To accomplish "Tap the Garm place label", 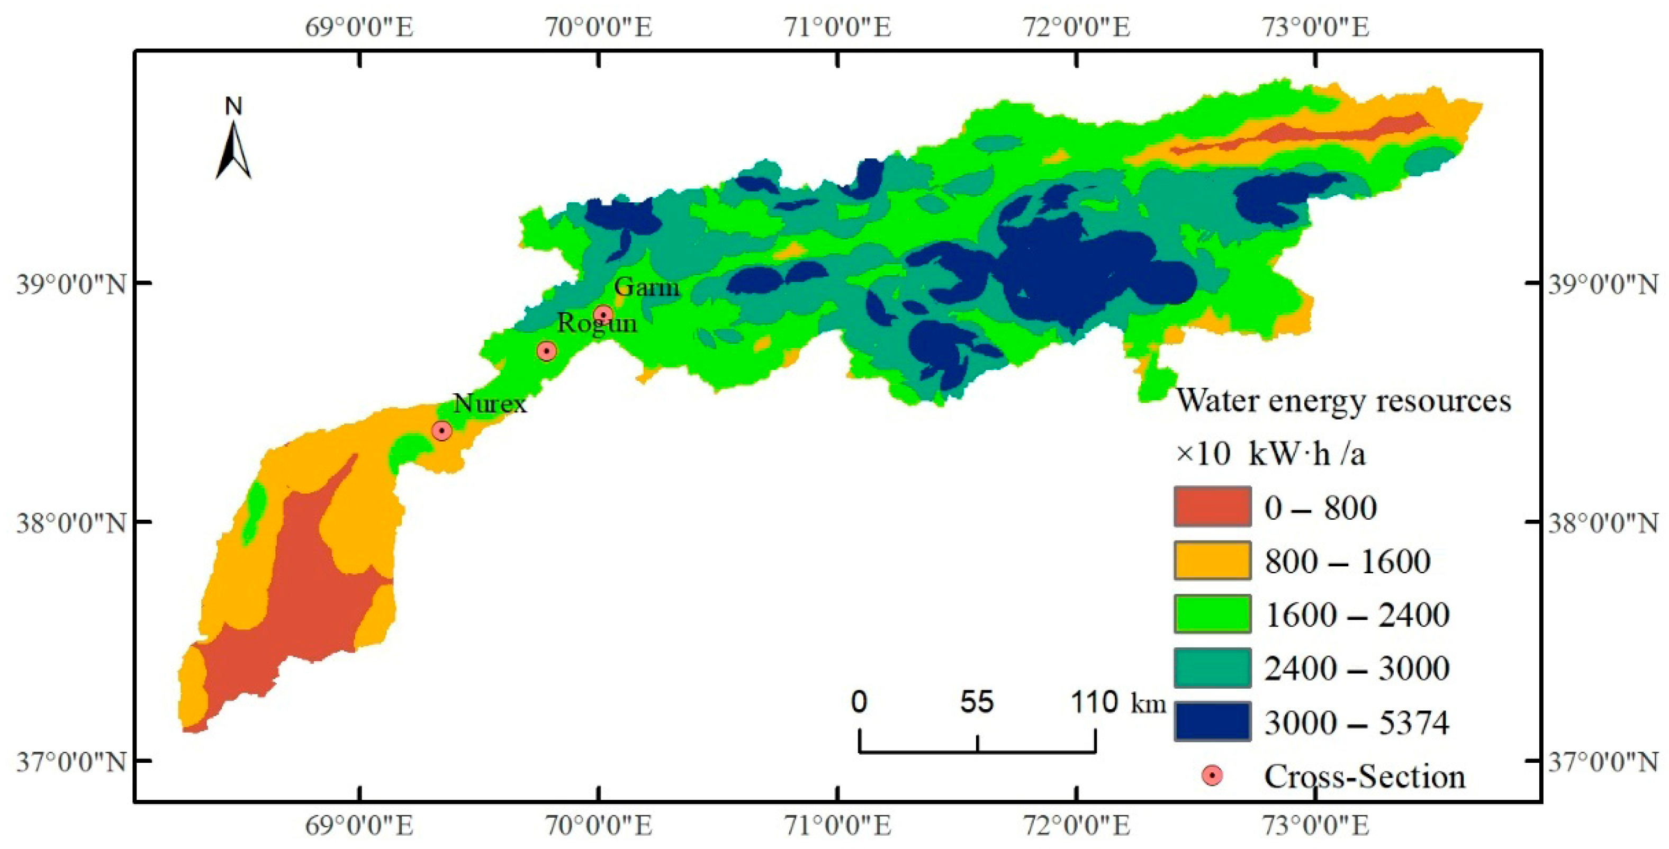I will [647, 286].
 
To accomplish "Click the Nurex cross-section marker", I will [442, 430].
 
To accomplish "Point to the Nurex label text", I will [490, 403].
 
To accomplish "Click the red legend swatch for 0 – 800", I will [1212, 506].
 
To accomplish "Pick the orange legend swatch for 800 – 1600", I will [1212, 560].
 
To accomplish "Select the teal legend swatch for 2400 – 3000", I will [1212, 667].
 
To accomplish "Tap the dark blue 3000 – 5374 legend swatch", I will [1212, 721].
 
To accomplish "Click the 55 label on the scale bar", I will [977, 702].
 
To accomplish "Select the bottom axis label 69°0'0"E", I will [359, 826].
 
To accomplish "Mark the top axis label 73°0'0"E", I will [1316, 27].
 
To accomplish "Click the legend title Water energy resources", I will [1343, 401].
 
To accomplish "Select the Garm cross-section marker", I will [603, 314].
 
